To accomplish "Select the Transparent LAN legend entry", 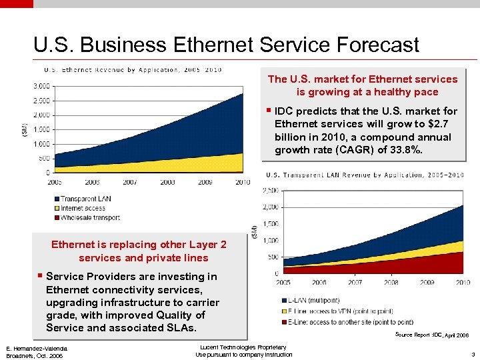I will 85,199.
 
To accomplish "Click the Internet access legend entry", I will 83,208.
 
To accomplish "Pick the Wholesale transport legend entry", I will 90,217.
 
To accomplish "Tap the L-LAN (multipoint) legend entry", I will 313,301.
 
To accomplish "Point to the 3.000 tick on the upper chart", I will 41,86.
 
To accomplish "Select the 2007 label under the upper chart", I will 129,182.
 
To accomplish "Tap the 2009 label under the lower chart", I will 427,283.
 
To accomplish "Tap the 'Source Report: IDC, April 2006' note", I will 431,334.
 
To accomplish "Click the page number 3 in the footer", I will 472,355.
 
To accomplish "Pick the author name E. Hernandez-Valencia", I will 36,349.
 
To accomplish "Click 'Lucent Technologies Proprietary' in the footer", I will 243,347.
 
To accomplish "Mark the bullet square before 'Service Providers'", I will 40,276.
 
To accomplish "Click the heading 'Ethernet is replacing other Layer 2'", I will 139,245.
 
